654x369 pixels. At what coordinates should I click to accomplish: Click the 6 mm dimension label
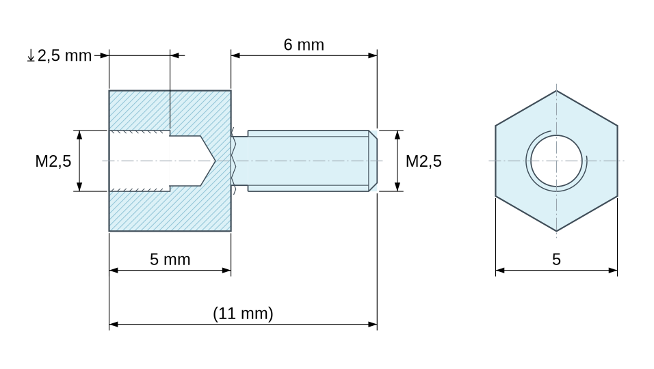tap(304, 44)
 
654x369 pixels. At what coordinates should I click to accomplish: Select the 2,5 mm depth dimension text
tap(64, 55)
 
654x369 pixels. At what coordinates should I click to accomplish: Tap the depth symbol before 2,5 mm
tap(31, 55)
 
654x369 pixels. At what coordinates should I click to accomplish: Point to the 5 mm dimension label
tap(170, 260)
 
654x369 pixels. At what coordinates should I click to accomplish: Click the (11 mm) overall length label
tap(243, 313)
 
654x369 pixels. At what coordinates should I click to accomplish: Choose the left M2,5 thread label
tap(53, 161)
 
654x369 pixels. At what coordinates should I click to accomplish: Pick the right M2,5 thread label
tap(423, 161)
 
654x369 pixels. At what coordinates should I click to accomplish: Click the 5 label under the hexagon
tap(556, 260)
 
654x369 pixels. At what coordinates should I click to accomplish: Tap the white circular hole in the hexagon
tap(556, 161)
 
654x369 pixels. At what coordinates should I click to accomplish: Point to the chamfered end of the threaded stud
tap(373, 161)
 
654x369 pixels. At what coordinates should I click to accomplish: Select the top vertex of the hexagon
tap(556, 91)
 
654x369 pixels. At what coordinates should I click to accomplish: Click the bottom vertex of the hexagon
tap(556, 231)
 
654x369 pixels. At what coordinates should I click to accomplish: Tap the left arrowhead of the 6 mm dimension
tap(235, 55)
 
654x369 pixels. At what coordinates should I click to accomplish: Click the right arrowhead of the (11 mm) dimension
tap(372, 324)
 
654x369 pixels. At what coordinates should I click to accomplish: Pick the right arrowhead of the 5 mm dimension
tap(226, 271)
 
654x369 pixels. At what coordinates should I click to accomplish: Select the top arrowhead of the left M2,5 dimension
tap(79, 135)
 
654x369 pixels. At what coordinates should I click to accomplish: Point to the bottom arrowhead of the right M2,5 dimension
tap(397, 187)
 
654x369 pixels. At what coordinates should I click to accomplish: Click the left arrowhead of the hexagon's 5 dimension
tap(501, 271)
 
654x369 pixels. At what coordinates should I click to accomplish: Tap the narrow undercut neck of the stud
tap(239, 161)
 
